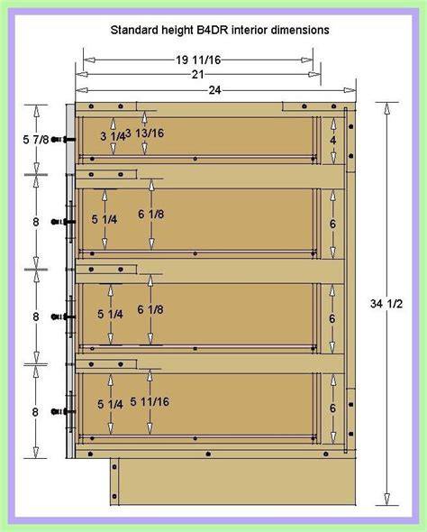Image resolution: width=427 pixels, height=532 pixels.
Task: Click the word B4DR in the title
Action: pos(213,30)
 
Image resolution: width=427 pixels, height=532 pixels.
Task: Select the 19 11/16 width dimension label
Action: pos(198,60)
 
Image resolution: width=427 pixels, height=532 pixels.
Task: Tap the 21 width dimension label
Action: pos(197,74)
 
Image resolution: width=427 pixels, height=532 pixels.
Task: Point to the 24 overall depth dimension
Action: pos(214,90)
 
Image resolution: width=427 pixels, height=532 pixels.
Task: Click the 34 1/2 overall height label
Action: pos(386,304)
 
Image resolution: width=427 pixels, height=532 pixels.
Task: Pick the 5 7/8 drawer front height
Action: pos(36,140)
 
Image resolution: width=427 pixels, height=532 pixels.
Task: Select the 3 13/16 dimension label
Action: pos(145,133)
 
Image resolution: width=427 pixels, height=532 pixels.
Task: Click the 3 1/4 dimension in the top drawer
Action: pos(113,136)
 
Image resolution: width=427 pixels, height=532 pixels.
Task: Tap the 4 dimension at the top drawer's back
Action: pos(333,140)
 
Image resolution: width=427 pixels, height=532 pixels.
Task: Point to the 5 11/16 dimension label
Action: pos(150,402)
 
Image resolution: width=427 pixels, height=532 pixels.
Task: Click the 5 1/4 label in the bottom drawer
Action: pos(110,404)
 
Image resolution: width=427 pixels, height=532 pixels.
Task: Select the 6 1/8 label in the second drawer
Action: pos(150,214)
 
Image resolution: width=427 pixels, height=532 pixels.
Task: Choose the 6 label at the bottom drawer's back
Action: pos(332,408)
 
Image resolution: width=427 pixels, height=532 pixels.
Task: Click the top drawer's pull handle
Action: pos(63,140)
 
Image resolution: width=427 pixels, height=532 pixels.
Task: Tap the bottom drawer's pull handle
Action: pos(63,411)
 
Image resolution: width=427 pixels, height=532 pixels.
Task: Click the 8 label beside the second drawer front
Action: pos(36,222)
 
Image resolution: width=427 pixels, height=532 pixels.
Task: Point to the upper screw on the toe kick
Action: pos(114,467)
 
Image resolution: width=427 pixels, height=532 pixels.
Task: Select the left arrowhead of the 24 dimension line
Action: pos(82,90)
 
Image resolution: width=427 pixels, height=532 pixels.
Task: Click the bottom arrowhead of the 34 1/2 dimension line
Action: pos(386,499)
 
